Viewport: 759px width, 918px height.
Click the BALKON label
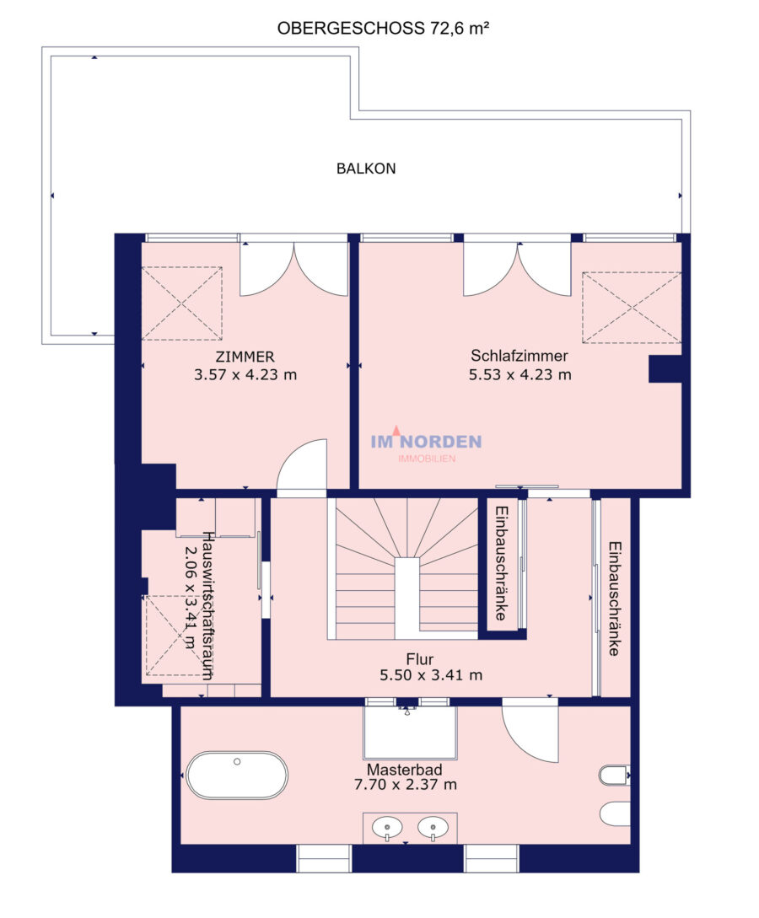click(366, 169)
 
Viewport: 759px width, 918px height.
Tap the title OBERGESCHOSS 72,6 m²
click(383, 28)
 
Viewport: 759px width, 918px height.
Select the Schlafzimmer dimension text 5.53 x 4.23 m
click(520, 374)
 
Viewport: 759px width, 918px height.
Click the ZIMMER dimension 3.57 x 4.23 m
click(245, 374)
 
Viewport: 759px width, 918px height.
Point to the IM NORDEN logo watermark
click(427, 444)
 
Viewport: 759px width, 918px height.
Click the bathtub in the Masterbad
click(237, 776)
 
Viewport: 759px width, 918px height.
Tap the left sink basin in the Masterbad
click(387, 829)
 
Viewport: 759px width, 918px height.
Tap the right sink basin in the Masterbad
click(433, 829)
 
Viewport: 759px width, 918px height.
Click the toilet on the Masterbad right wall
click(614, 776)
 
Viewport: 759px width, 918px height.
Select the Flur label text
click(420, 659)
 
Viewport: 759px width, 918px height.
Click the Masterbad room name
click(405, 770)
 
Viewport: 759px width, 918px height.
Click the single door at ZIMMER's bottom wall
click(302, 464)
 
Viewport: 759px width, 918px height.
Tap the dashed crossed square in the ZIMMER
click(182, 303)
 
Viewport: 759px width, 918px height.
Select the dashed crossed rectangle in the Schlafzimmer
click(632, 308)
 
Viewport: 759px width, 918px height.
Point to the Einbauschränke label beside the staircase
click(501, 563)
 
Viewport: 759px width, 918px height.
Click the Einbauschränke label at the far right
click(614, 599)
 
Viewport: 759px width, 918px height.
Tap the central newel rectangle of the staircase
click(407, 599)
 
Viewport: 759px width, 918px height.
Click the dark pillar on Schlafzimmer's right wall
click(665, 369)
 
